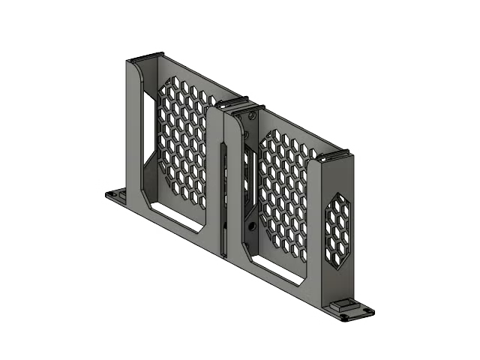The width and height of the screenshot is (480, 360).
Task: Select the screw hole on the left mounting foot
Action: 114,195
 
